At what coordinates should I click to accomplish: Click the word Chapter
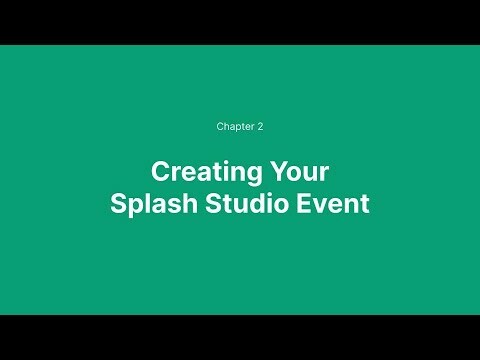pos(234,127)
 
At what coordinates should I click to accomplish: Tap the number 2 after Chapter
pos(260,127)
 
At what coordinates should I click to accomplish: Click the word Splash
pos(147,203)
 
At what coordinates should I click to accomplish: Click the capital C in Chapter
pos(220,127)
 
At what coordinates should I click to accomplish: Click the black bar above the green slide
pos(240,22)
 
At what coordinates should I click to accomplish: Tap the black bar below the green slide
pos(240,337)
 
